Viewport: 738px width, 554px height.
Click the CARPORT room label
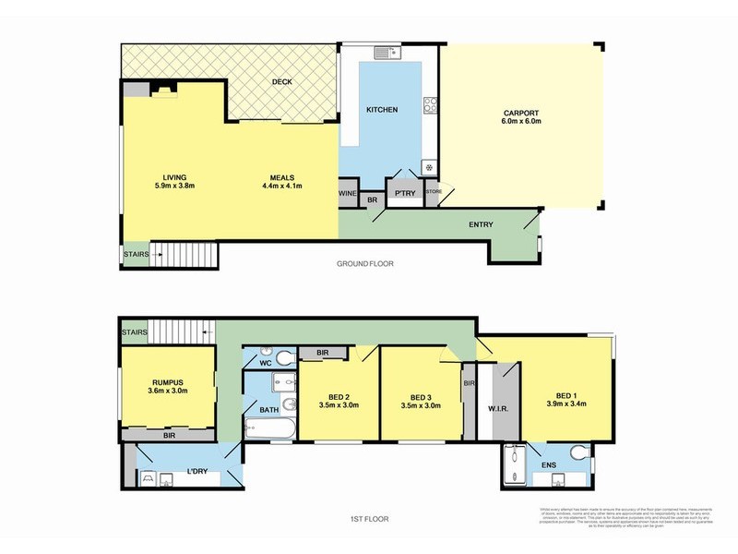(x=521, y=115)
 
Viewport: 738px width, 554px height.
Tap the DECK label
(x=281, y=82)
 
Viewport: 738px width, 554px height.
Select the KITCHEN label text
(x=382, y=110)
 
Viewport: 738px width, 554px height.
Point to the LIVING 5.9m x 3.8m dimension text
(x=173, y=182)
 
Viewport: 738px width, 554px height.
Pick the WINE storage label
(x=347, y=194)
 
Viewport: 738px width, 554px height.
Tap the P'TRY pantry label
(x=403, y=194)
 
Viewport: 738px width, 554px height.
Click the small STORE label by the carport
(x=434, y=192)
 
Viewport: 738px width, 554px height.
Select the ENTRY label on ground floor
(x=481, y=224)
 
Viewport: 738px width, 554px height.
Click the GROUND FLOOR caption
(x=366, y=264)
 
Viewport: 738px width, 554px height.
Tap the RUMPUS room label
(x=169, y=384)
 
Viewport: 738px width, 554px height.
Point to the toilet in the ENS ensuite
(x=578, y=452)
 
